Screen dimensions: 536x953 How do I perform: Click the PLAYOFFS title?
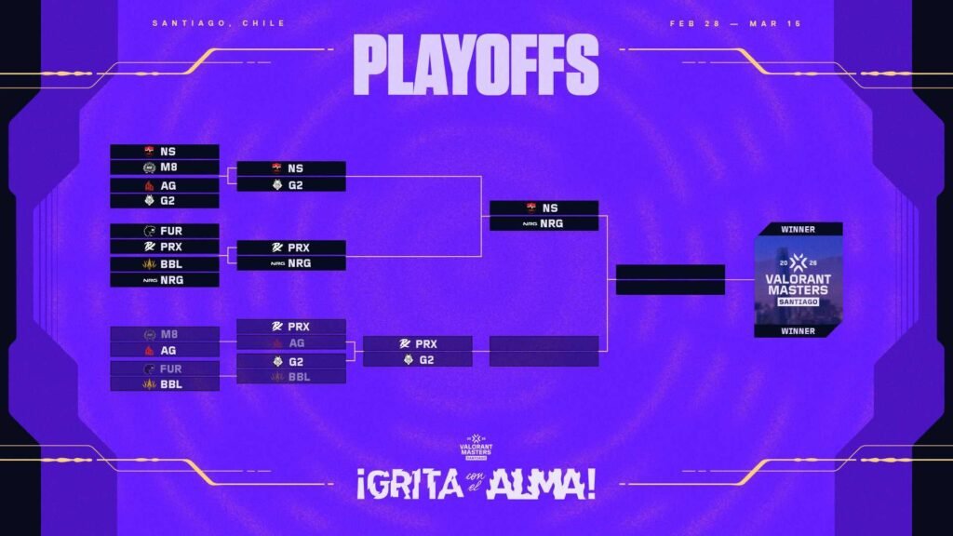click(x=476, y=65)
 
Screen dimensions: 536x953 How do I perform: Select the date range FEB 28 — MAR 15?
click(x=735, y=23)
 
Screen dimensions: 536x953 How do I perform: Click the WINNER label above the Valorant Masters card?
click(x=799, y=229)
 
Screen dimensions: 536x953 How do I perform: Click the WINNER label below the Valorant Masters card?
click(x=799, y=330)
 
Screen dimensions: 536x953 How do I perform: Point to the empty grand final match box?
click(x=670, y=279)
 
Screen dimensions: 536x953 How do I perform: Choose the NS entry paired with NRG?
click(x=544, y=208)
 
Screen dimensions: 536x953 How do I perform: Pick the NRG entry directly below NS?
click(x=544, y=223)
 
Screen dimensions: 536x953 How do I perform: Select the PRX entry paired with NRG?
click(x=291, y=248)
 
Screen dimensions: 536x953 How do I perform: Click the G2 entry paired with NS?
click(x=291, y=185)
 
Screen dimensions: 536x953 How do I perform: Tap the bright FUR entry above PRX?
click(x=165, y=231)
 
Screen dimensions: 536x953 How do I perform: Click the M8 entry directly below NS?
click(x=165, y=167)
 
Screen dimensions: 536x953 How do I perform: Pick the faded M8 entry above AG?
click(x=165, y=334)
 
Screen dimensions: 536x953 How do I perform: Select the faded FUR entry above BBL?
click(x=165, y=368)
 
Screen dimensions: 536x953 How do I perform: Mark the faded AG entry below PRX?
click(x=291, y=342)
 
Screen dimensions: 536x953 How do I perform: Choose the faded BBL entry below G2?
click(x=291, y=376)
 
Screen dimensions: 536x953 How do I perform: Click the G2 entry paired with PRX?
click(x=418, y=359)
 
